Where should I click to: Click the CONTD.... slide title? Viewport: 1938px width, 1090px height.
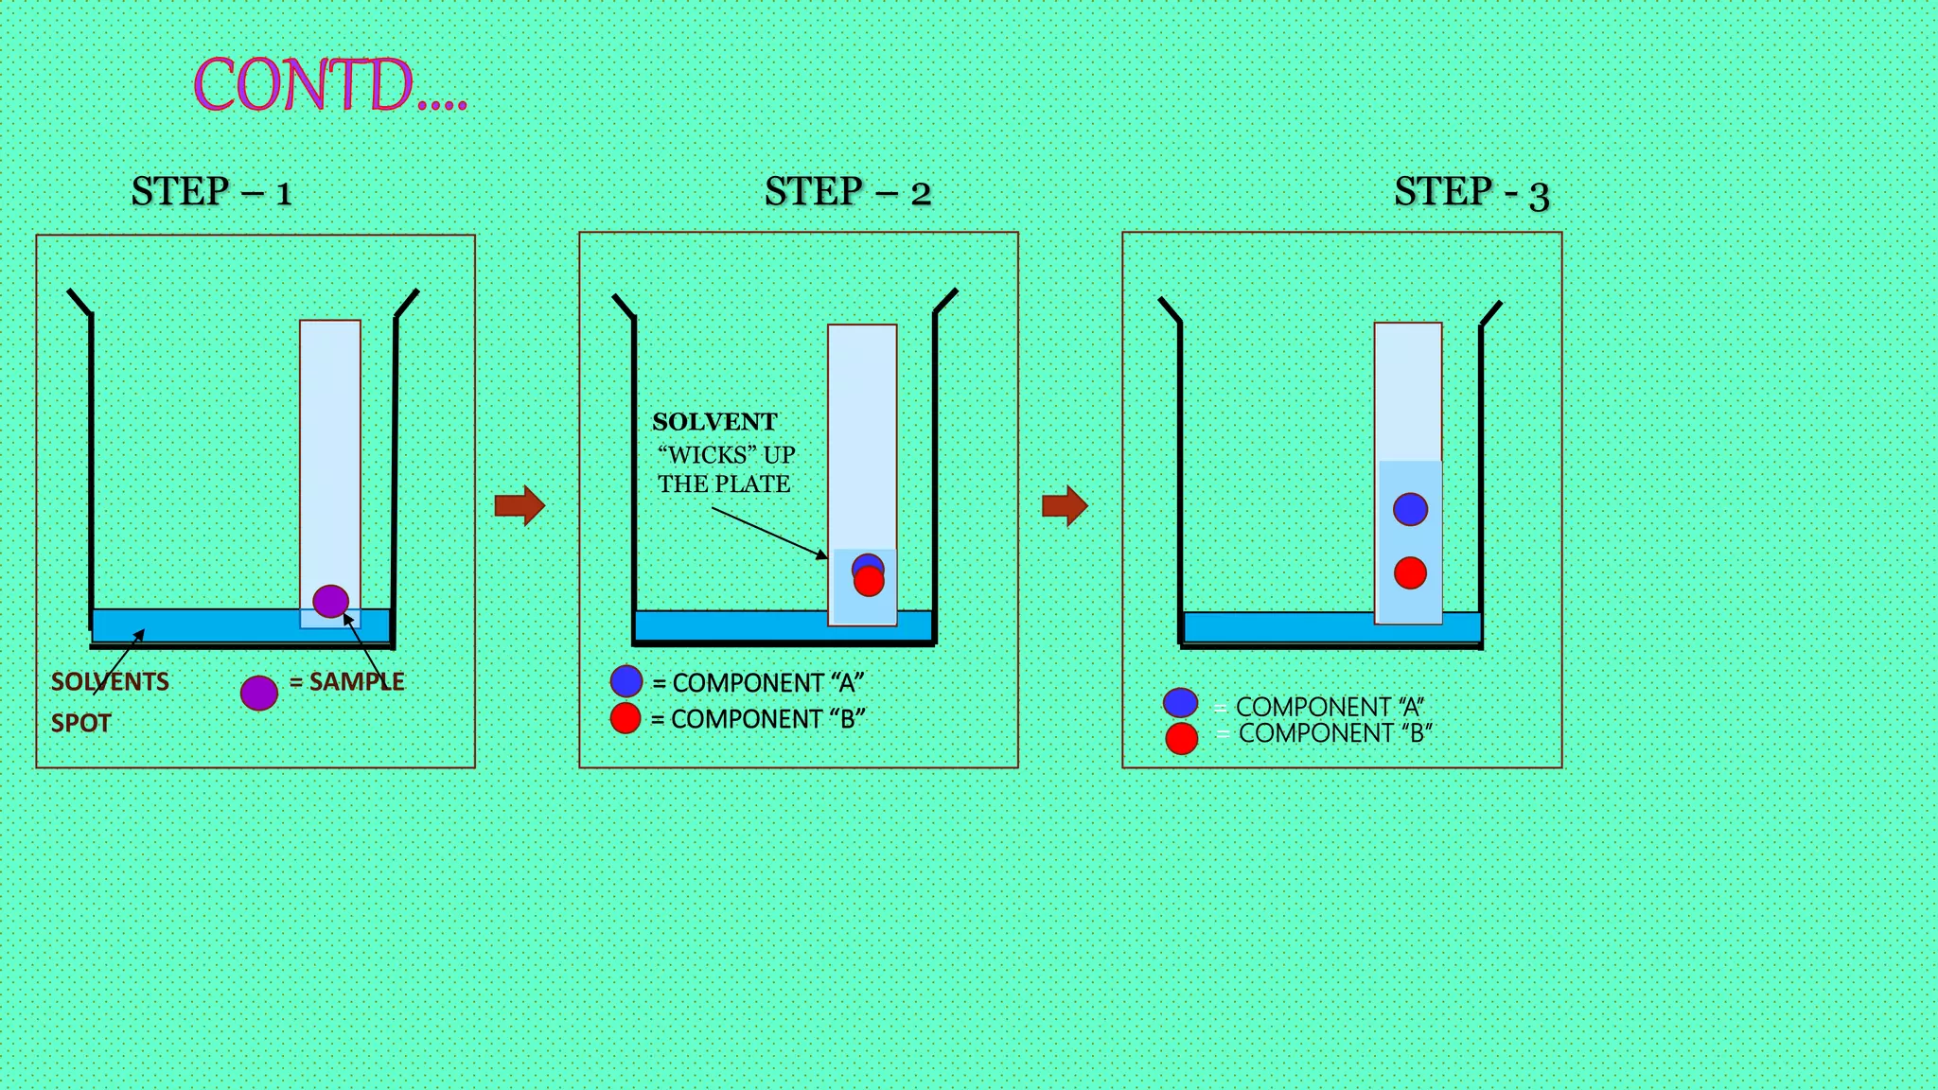329,85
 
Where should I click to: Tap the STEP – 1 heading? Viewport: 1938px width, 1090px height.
211,192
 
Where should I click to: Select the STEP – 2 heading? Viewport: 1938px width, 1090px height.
847,192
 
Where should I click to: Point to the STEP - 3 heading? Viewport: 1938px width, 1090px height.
1471,193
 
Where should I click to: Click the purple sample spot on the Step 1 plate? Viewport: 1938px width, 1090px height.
330,601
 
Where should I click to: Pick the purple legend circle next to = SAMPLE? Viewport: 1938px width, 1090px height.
258,693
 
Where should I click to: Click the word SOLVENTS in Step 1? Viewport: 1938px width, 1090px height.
110,681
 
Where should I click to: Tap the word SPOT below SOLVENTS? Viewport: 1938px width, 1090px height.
80,723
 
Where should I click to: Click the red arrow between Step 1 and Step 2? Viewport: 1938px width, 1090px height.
520,505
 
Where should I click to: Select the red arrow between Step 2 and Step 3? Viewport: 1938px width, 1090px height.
1065,505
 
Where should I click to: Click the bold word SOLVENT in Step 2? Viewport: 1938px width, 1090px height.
714,422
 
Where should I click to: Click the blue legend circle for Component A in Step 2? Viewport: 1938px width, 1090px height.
626,681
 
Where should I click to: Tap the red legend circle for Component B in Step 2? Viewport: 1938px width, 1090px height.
625,718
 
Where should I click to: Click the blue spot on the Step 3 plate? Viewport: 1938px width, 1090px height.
1410,509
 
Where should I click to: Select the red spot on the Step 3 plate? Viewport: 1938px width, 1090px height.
1410,572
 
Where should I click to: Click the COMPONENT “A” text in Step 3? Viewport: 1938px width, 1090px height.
1329,707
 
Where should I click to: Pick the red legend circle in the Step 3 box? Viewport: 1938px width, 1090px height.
1181,738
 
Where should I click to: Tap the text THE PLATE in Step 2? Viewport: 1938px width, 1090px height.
724,484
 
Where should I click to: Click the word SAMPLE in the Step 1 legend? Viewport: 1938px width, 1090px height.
356,681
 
